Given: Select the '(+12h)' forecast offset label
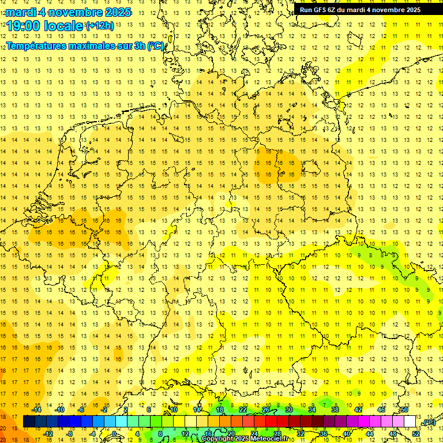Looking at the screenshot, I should (99, 26).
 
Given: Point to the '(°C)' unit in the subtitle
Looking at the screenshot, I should (156, 46).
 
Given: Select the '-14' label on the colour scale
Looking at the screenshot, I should (37, 410).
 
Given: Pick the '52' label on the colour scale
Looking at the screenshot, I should (431, 434).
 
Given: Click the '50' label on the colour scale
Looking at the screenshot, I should (404, 410).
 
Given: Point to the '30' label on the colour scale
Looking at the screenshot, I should (288, 410).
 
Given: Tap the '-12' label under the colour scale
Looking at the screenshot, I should (48, 434).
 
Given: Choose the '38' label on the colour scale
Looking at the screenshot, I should (335, 410).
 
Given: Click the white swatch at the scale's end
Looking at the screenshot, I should (410, 422).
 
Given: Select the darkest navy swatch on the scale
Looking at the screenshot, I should (28, 422).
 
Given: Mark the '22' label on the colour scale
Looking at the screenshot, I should (243, 410).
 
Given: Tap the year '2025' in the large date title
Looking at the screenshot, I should (115, 12).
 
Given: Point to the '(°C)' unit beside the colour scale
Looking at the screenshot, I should (429, 422).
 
